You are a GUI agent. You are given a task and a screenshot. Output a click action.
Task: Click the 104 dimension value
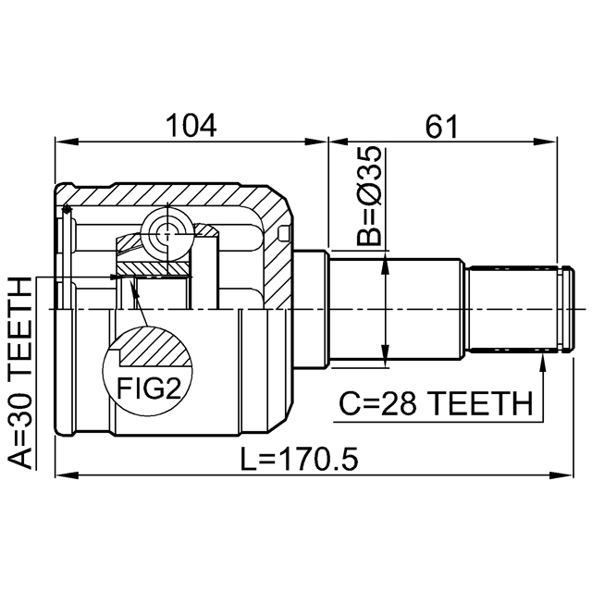191,126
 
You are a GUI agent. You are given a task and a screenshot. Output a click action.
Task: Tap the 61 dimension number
441,126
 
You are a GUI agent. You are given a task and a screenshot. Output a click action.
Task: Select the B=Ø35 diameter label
369,196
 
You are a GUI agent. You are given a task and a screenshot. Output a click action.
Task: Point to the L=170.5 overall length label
299,460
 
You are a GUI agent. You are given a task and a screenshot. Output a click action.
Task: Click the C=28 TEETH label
436,403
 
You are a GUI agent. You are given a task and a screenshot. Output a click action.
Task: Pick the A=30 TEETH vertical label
20,373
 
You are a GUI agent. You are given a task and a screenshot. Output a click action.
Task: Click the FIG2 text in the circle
150,388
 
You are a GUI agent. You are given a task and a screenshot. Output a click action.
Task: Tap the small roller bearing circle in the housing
166,234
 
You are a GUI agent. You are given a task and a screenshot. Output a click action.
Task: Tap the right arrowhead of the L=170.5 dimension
561,475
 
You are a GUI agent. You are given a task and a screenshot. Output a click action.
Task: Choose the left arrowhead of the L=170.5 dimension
67,475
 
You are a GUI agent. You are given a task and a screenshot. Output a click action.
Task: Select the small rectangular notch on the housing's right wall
284,233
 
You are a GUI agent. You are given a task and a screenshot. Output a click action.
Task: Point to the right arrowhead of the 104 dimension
316,142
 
